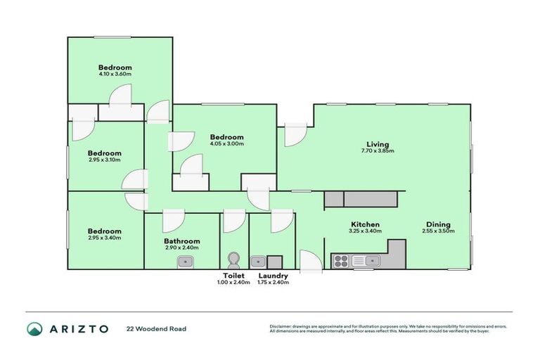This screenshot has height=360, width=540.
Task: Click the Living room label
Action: (x=377, y=141)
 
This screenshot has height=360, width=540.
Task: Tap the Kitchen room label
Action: (x=365, y=224)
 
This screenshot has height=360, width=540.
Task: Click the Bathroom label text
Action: (x=181, y=240)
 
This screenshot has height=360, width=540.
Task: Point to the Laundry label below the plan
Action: (x=273, y=276)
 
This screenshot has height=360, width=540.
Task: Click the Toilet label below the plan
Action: (x=233, y=276)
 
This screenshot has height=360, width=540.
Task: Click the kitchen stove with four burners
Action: (x=340, y=262)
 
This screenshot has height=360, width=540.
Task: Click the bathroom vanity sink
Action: (x=185, y=262)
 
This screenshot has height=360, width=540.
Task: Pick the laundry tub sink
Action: (x=258, y=262)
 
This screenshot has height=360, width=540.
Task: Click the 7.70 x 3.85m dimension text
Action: (x=377, y=150)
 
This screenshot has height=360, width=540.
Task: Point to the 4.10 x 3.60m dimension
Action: (x=115, y=73)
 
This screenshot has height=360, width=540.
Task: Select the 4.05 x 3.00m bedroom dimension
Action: (x=226, y=144)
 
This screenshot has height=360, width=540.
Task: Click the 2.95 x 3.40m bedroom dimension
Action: (x=104, y=238)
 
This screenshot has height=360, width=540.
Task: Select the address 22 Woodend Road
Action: (x=156, y=328)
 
